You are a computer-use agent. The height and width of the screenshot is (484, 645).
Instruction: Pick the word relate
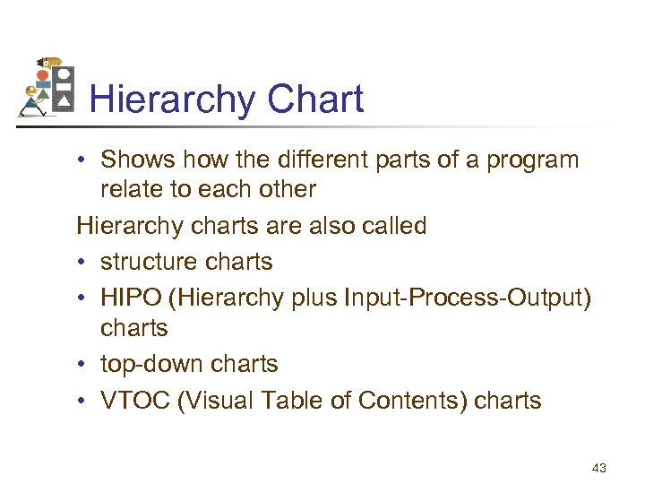(x=129, y=189)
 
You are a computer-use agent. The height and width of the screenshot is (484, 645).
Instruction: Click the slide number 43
(x=598, y=468)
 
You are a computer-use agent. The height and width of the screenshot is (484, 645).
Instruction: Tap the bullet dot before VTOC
(x=82, y=401)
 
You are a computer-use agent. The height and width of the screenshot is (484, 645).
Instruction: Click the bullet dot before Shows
(x=82, y=160)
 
